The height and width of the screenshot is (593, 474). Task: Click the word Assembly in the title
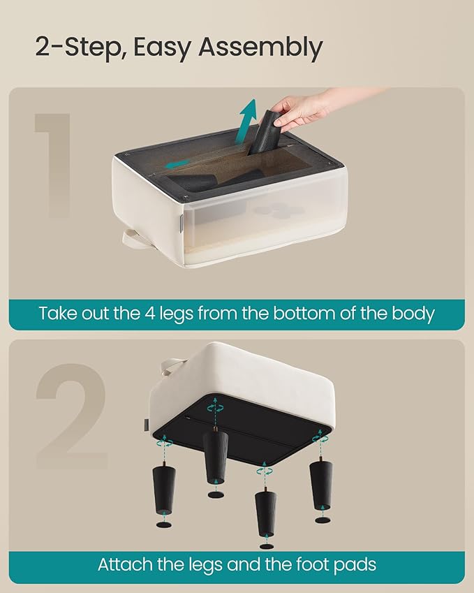click(x=260, y=47)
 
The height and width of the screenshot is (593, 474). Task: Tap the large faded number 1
click(x=53, y=166)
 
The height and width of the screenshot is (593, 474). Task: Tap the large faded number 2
click(x=72, y=416)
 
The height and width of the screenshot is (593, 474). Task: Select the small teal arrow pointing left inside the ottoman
click(x=179, y=163)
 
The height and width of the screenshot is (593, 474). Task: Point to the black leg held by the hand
click(x=267, y=133)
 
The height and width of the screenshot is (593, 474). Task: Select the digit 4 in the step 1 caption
click(x=149, y=313)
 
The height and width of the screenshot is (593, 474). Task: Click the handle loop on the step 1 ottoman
click(x=131, y=239)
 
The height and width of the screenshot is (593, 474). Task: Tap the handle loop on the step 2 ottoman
click(x=168, y=367)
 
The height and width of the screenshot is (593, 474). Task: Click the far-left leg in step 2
click(x=163, y=490)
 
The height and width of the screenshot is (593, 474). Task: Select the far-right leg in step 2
click(x=321, y=485)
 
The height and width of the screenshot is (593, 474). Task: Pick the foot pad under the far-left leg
click(x=163, y=525)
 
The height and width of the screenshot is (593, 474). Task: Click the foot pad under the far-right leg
click(x=323, y=520)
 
